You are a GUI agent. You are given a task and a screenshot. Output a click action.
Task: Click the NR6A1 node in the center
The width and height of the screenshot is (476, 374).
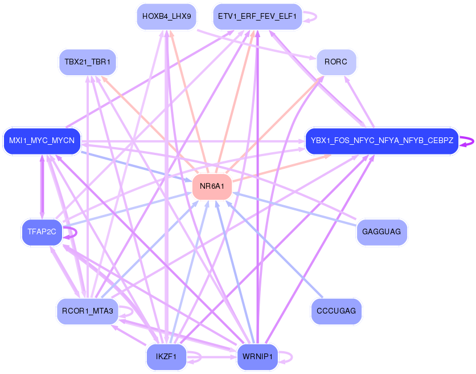click(212, 186)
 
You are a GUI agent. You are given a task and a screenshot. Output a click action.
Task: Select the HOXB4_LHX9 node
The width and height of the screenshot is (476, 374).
click(166, 17)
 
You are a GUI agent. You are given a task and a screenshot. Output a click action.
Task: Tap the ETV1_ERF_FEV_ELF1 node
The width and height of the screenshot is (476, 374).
click(257, 17)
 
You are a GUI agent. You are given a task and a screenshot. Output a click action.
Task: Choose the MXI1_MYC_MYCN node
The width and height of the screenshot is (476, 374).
click(42, 141)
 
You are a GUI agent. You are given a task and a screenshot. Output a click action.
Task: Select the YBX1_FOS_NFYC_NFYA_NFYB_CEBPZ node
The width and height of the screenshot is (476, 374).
click(381, 141)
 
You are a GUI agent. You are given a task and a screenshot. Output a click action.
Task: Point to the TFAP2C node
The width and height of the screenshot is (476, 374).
click(42, 232)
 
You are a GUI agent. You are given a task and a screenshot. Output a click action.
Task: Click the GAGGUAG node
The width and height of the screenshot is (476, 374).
click(381, 232)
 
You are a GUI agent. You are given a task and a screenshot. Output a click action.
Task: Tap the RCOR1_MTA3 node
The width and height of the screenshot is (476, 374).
click(88, 311)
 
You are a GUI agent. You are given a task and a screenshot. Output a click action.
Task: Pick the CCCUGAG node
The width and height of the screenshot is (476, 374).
click(336, 311)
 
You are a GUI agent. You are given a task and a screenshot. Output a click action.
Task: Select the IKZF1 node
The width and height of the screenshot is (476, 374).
click(166, 357)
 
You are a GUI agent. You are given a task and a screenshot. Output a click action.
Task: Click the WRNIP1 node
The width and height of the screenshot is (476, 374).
click(257, 357)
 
